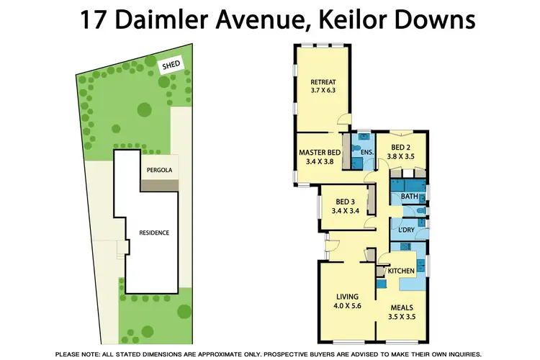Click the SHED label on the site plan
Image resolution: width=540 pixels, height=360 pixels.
[x=171, y=65]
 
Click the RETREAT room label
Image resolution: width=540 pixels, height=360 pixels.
[x=323, y=81]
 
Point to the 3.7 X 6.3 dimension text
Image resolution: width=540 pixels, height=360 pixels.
[x=323, y=91]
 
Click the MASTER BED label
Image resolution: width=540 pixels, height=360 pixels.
[x=320, y=152]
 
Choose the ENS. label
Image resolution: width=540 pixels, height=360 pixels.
[x=366, y=153]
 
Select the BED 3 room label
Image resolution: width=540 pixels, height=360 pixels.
[x=345, y=202]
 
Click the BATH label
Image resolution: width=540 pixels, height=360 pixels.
[x=409, y=196]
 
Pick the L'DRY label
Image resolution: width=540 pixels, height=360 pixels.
[x=407, y=230]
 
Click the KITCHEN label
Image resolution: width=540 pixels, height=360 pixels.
[x=401, y=270]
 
